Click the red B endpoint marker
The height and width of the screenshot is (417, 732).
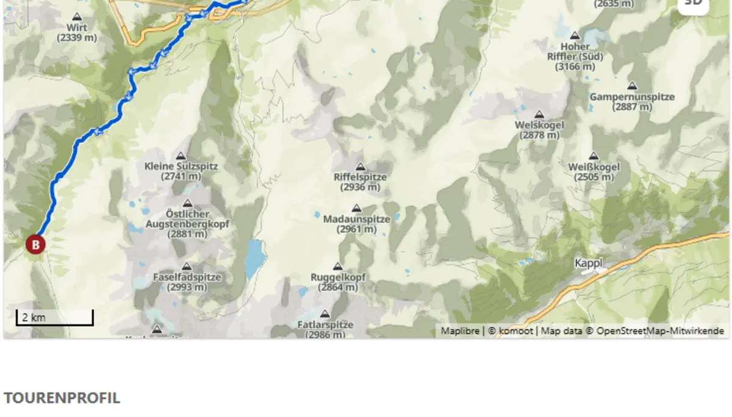[x=35, y=245]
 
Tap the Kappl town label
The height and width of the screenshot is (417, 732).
[x=588, y=263]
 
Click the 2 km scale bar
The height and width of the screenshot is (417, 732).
[x=54, y=318]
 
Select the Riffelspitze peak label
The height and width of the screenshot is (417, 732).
[x=360, y=177]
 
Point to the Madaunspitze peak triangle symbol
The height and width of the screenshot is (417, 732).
[x=357, y=208]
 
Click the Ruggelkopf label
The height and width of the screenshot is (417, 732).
[x=338, y=277]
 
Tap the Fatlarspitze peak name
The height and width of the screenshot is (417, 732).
[x=326, y=325]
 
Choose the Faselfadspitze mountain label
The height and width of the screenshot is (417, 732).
[x=187, y=277]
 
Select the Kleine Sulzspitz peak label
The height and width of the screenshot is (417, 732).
[x=181, y=166]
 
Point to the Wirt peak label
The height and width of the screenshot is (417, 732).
[x=77, y=28]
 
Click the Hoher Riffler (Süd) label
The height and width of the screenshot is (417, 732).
[x=575, y=51]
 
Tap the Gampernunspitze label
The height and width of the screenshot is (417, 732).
[x=632, y=97]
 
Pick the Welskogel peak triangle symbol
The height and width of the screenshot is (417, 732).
[x=539, y=114]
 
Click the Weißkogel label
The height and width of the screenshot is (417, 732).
[x=594, y=167]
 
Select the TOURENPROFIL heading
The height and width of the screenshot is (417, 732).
[x=62, y=398]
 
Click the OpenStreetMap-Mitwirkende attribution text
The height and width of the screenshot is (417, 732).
[x=660, y=331]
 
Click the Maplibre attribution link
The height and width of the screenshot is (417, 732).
[x=460, y=331]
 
